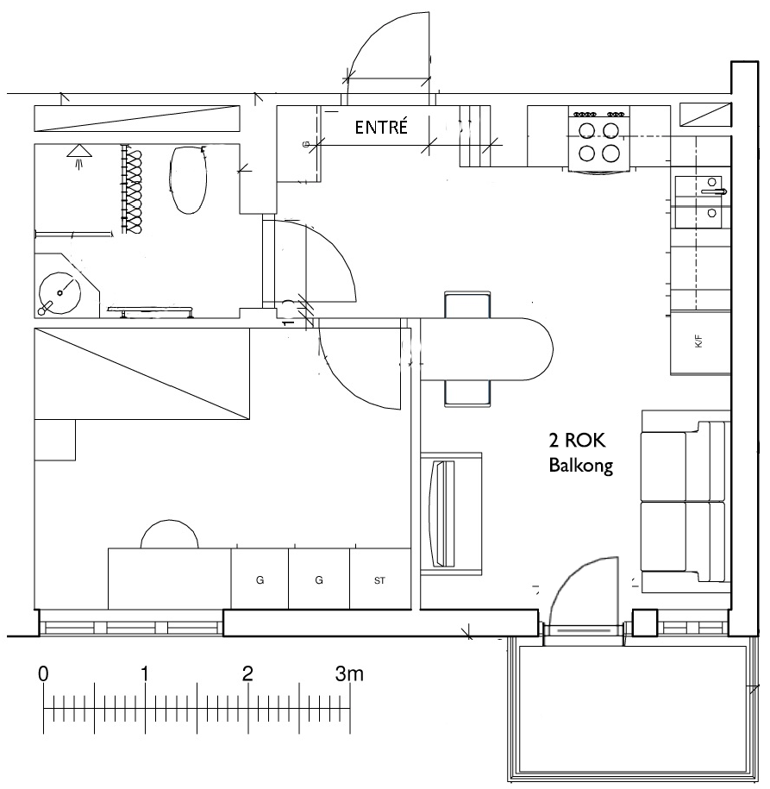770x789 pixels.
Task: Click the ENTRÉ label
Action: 381,127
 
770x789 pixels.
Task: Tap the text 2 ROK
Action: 577,441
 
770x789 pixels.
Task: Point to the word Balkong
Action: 581,466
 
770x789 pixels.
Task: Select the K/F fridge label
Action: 698,342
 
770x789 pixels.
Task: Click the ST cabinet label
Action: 379,580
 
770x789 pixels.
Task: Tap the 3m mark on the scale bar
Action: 349,673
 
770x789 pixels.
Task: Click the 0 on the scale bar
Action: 43,673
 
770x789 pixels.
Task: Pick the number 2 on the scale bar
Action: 247,673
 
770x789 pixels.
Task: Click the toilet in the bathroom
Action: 189,179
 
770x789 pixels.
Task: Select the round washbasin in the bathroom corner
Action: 59,293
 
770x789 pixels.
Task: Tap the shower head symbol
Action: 78,155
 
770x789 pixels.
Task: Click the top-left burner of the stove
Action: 587,131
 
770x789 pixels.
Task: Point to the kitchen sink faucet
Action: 715,191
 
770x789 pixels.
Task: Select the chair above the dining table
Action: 467,304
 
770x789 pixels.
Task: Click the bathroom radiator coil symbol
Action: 134,189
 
